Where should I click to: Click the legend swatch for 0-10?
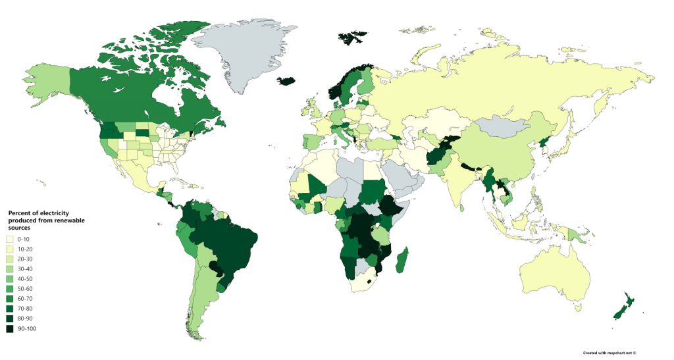pos(10,239)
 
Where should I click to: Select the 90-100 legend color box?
pos(10,328)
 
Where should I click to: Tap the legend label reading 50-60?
pos(24,288)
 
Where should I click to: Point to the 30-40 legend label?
pos(24,269)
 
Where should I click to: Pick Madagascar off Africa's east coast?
pos(402,260)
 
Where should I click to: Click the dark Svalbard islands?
pos(352,36)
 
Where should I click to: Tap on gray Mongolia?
pos(504,125)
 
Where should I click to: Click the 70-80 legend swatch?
pos(10,308)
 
